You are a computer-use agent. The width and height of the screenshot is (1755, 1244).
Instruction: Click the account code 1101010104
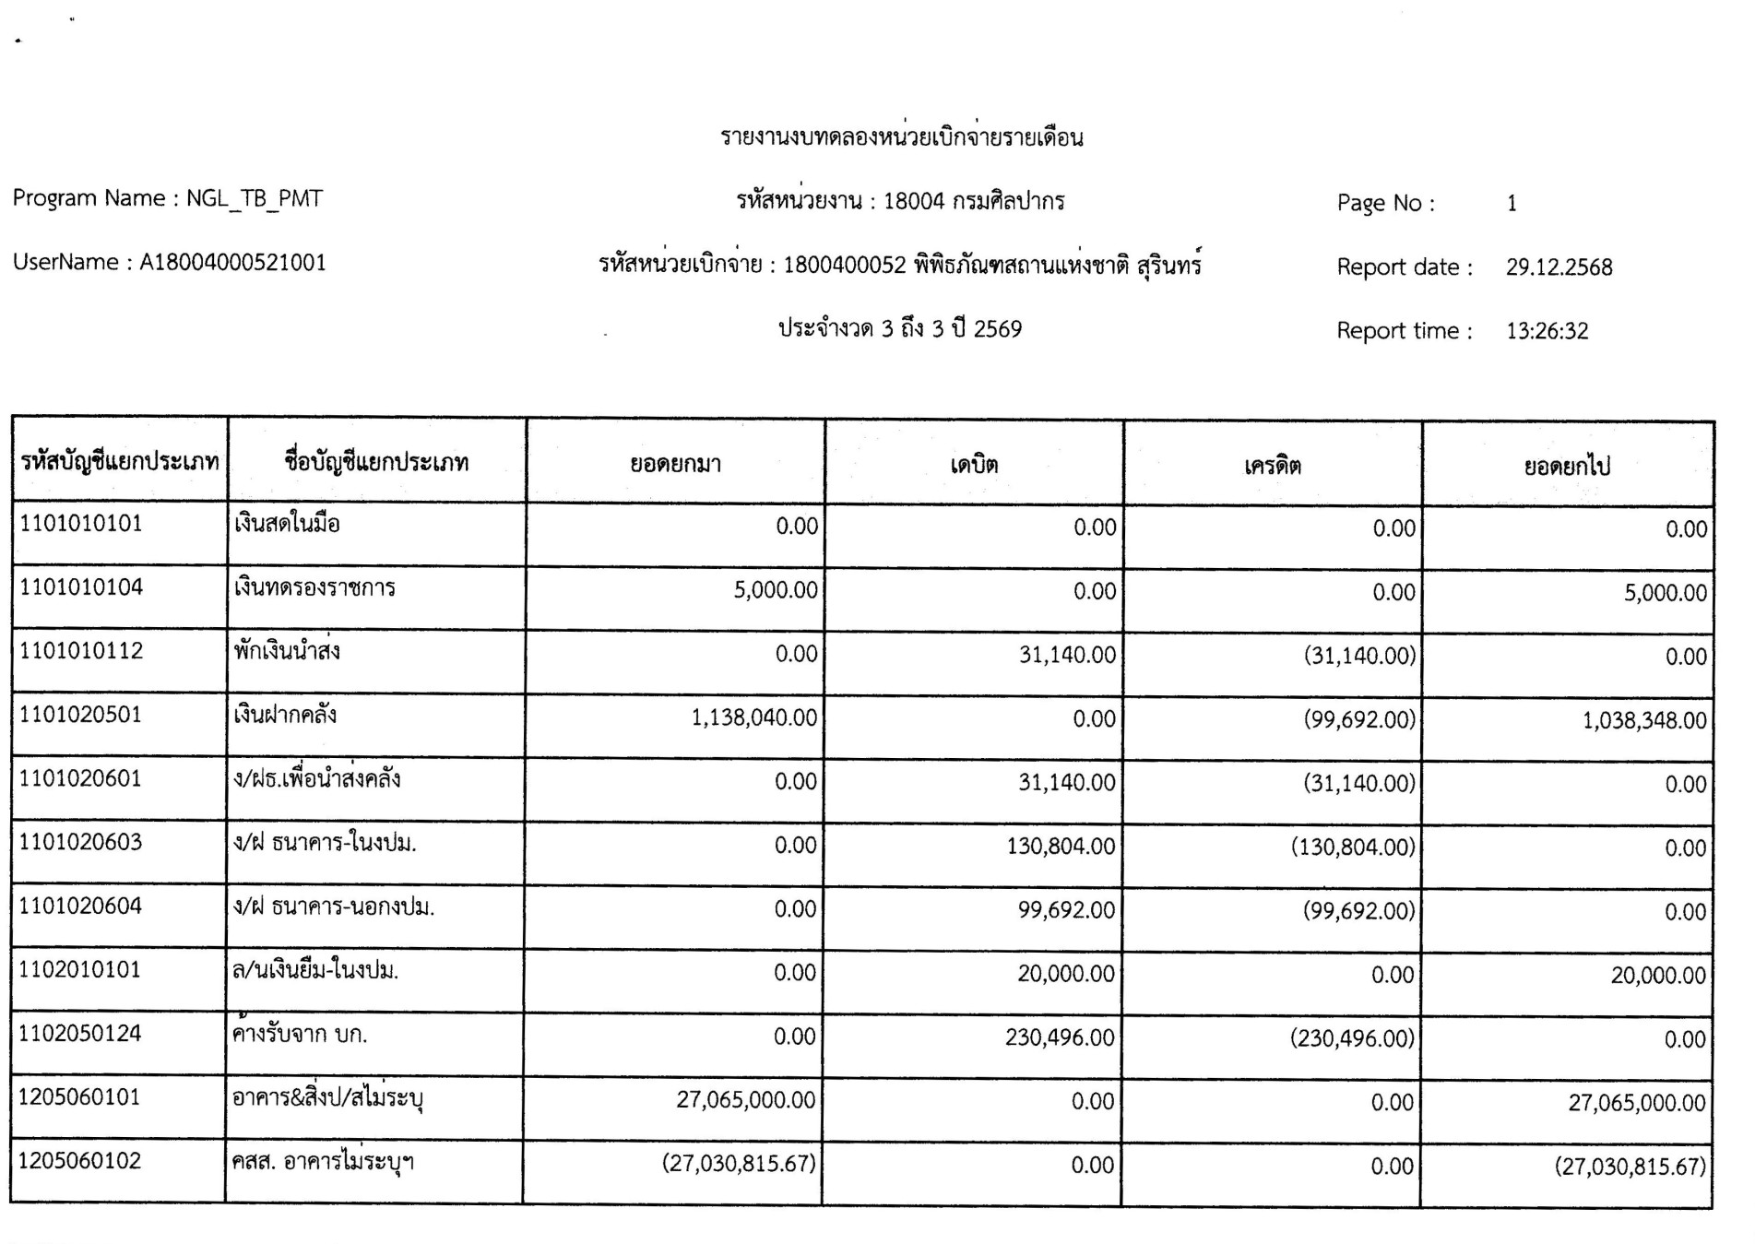click(81, 587)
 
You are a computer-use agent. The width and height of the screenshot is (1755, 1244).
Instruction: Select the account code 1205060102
click(80, 1161)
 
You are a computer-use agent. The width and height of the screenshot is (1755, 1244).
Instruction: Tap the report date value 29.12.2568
click(1559, 267)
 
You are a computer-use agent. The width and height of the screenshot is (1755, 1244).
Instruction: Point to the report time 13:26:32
click(1547, 331)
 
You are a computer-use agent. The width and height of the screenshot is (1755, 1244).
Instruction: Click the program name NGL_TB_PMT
click(255, 198)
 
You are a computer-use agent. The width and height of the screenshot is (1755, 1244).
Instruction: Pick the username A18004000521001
click(232, 263)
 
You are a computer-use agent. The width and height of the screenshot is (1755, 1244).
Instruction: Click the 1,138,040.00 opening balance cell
click(753, 717)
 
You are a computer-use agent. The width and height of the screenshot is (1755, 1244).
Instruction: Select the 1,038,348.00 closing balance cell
click(1644, 720)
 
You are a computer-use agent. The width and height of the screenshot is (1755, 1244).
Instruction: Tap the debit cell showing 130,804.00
click(1061, 846)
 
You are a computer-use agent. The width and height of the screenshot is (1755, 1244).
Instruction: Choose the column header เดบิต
click(974, 465)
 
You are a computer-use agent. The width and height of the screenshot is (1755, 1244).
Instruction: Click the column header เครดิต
click(1272, 466)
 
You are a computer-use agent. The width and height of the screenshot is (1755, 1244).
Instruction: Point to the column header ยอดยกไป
click(1567, 467)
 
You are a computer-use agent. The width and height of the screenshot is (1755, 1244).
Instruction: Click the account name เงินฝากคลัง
click(285, 715)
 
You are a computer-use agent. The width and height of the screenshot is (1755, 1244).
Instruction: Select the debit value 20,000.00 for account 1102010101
click(1066, 974)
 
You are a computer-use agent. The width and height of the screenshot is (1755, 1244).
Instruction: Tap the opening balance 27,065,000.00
click(745, 1099)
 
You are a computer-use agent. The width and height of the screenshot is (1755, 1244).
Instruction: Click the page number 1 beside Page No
click(1512, 203)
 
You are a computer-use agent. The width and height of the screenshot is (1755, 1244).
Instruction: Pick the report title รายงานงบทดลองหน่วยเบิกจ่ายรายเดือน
click(901, 138)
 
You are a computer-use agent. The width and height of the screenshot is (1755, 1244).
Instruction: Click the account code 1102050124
click(80, 1034)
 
